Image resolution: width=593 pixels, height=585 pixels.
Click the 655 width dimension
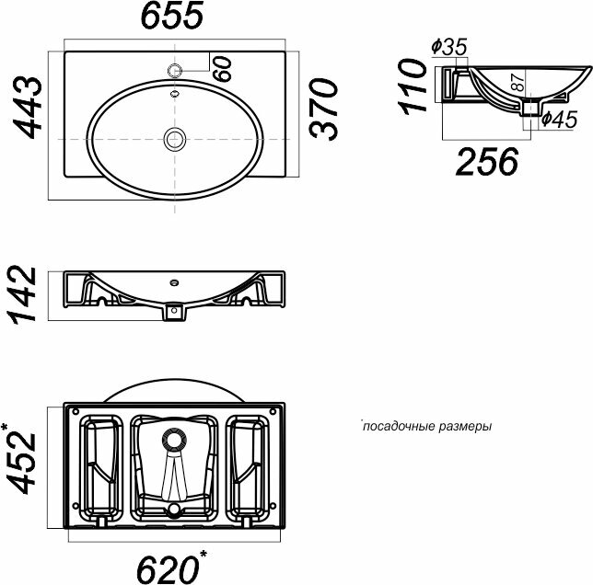(173, 16)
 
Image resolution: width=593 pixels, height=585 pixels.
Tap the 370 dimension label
(324, 109)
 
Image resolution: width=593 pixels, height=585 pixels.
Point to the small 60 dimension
(223, 68)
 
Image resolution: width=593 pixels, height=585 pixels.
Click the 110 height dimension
(415, 86)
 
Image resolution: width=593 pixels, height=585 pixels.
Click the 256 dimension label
(487, 162)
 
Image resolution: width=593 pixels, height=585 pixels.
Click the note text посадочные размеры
(426, 427)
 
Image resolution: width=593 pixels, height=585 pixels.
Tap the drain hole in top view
(174, 139)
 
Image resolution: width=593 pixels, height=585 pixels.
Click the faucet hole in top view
(175, 70)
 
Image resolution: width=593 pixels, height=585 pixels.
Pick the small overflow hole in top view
(174, 92)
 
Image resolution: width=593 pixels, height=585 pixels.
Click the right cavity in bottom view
(250, 465)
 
